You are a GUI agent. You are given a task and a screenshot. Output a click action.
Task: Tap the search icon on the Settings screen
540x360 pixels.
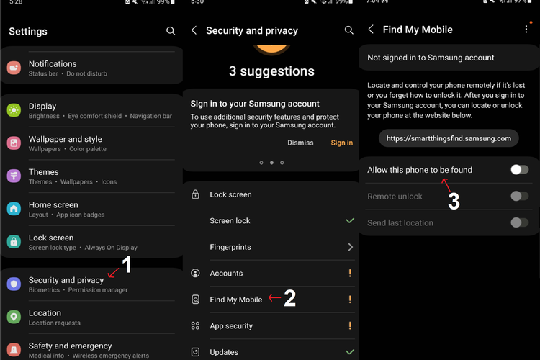point(171,31)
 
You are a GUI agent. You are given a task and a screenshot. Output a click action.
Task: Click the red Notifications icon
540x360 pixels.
point(14,68)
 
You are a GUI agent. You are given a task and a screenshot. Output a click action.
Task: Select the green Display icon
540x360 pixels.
point(14,110)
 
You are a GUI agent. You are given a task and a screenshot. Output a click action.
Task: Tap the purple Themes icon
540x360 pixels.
point(14,176)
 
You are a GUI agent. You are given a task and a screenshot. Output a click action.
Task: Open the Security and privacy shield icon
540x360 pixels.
point(14,284)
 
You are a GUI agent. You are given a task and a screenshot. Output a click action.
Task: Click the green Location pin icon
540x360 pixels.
point(14,317)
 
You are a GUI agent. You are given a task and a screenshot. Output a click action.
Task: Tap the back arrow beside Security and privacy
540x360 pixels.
point(194,30)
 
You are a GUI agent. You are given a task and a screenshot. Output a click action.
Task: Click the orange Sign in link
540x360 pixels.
point(341,143)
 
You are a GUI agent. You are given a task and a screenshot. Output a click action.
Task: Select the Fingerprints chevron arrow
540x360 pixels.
point(350,247)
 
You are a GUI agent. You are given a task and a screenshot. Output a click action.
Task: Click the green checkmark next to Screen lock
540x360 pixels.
point(350,220)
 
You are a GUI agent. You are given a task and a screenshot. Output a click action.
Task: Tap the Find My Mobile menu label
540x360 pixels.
point(236,300)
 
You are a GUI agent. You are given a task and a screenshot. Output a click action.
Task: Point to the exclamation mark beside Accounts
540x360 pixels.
point(350,273)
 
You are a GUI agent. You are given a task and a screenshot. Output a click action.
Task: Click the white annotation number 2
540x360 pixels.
point(289,298)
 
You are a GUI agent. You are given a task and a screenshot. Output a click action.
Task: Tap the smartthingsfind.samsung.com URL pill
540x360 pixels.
point(449,138)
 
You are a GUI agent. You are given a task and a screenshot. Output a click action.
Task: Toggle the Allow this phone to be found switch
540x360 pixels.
point(520,169)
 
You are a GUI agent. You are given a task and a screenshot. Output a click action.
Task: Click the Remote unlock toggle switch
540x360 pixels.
point(520,196)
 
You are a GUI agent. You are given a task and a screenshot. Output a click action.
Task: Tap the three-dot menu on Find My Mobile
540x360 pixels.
point(526,30)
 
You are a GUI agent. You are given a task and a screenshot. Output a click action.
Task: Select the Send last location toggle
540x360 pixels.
point(520,222)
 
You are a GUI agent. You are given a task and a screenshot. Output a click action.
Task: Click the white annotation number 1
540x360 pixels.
point(127,264)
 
